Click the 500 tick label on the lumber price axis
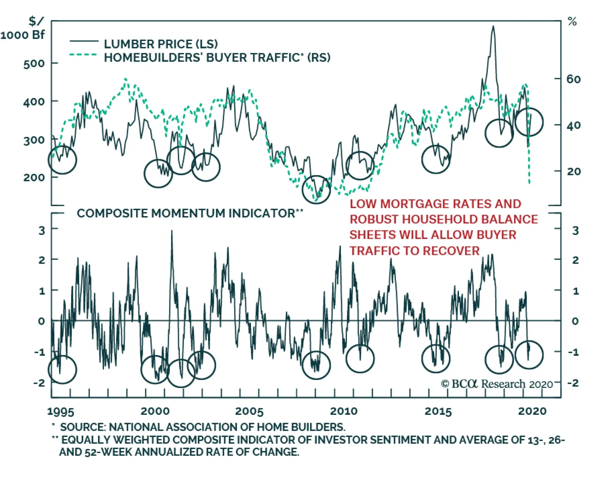[x=34, y=64]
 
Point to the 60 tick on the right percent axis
[x=573, y=79]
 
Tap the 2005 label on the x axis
[x=249, y=411]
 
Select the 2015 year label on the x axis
[x=438, y=411]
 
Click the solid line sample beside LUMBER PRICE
[x=84, y=41]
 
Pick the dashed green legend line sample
[x=83, y=55]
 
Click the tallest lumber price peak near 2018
[x=493, y=27]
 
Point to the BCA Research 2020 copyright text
[x=497, y=384]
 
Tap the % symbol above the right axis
[x=572, y=22]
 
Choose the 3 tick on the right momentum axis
[x=575, y=231]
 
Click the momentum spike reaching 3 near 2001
[x=171, y=231]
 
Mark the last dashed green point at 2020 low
[x=529, y=182]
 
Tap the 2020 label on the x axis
[x=532, y=411]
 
